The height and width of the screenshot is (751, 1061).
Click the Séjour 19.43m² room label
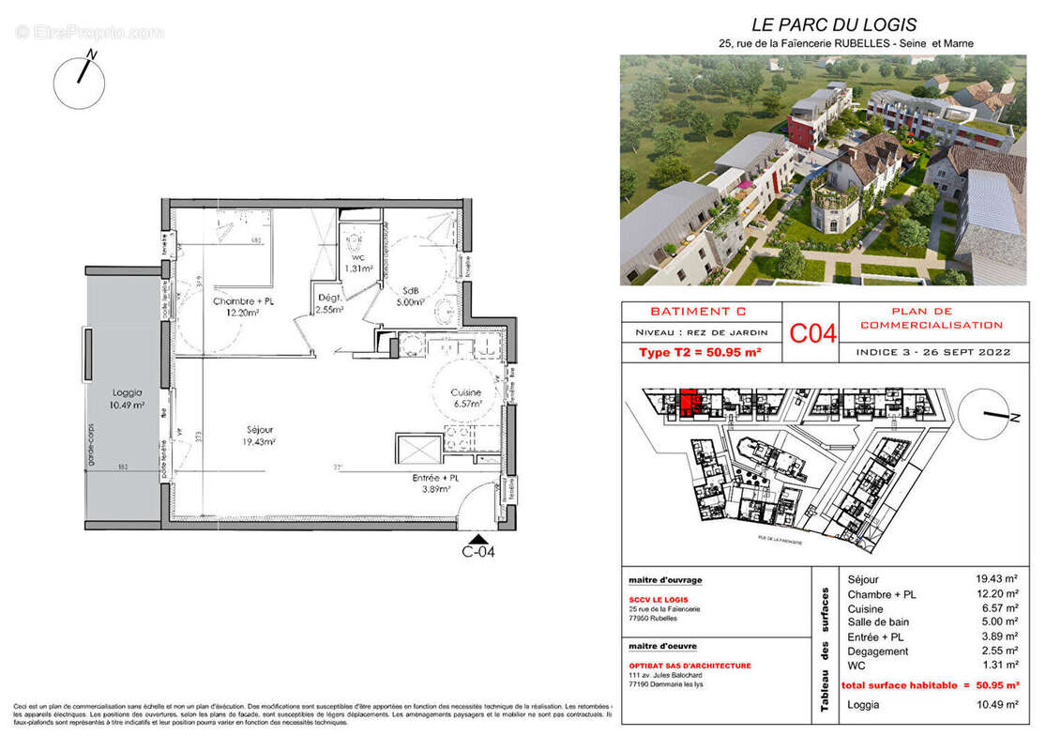(255, 435)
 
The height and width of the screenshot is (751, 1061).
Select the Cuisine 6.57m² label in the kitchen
(465, 397)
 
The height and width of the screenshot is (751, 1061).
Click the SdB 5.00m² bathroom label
(411, 297)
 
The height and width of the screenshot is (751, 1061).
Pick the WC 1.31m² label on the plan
(357, 261)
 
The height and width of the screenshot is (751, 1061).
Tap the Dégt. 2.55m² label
(328, 302)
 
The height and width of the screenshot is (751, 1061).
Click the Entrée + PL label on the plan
(436, 483)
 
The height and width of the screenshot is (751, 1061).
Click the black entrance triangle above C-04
(478, 539)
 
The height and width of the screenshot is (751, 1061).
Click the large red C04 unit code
(811, 334)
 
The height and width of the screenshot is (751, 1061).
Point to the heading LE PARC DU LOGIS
(821, 25)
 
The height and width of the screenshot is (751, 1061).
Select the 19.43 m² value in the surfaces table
(996, 579)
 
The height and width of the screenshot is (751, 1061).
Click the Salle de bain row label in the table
(879, 621)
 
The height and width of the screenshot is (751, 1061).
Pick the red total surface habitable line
(930, 685)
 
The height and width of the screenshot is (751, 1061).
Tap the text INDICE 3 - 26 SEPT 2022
(932, 352)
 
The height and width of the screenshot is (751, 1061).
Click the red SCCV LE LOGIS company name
(658, 600)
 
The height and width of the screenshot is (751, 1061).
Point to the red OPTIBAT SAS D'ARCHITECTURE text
(690, 666)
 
